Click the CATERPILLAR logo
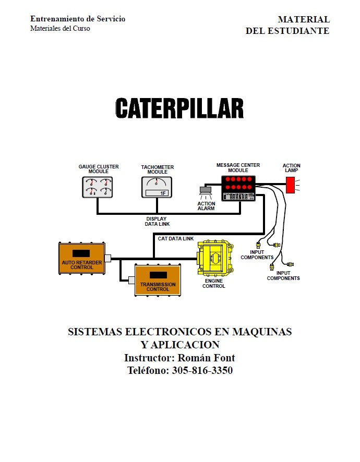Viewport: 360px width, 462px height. click(x=179, y=108)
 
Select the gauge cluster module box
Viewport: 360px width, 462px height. click(x=98, y=187)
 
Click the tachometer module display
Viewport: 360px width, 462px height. click(x=157, y=187)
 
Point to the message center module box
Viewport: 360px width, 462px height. click(x=238, y=188)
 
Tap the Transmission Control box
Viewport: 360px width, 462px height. click(x=158, y=280)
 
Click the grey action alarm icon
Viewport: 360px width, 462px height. click(x=206, y=191)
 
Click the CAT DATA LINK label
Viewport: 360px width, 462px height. click(x=175, y=239)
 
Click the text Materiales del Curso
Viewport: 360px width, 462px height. click(x=60, y=28)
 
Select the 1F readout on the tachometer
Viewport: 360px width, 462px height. click(x=163, y=193)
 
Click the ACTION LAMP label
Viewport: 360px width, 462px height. click(x=292, y=168)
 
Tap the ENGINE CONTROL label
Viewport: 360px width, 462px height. click(x=214, y=284)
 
